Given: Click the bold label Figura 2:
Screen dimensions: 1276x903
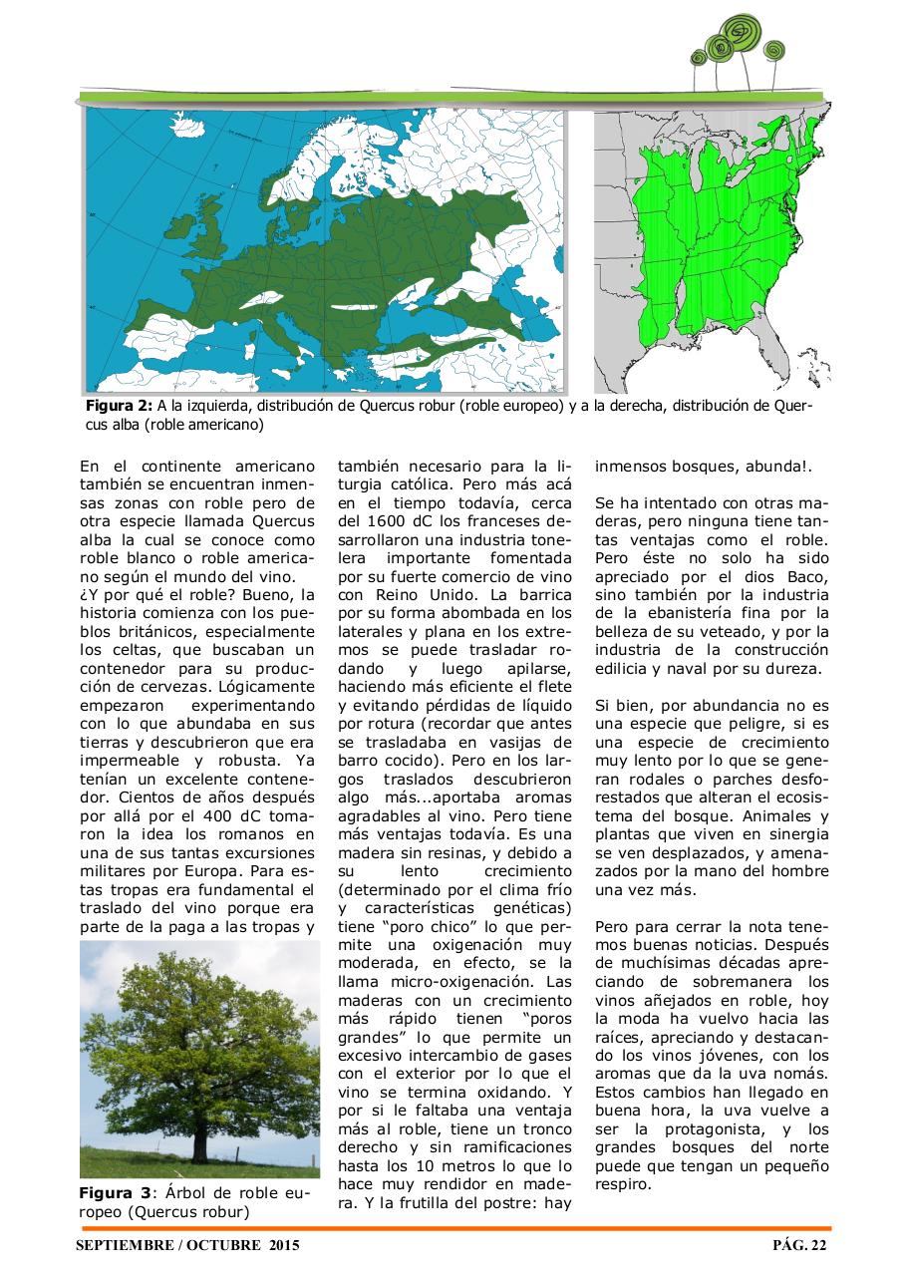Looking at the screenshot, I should (x=119, y=407).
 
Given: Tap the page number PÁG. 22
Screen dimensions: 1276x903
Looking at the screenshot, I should (x=799, y=1245).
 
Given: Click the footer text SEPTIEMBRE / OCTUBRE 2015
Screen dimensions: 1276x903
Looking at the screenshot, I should (x=187, y=1245).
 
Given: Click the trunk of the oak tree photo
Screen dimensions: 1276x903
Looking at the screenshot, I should (x=198, y=1135).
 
